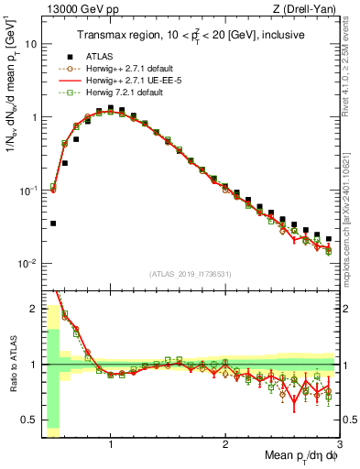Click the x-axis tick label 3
pyautogui.click(x=340, y=443)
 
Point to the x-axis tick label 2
pyautogui.click(x=225, y=443)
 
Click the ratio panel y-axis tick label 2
pyautogui.click(x=33, y=307)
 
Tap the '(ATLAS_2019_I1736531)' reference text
pyautogui.click(x=190, y=274)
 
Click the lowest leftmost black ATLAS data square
pyautogui.click(x=53, y=223)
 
